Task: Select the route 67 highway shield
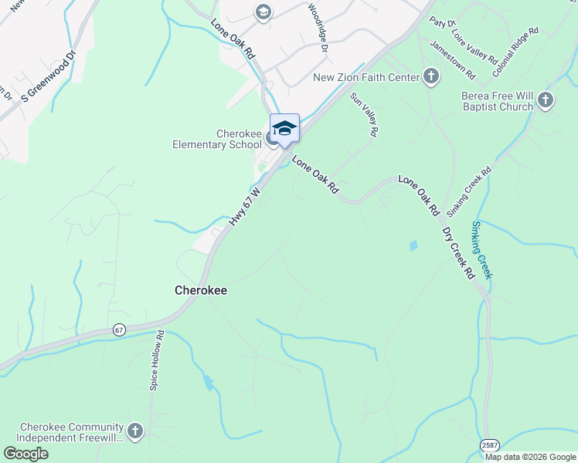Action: (x=118, y=330)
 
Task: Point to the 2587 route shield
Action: (x=488, y=446)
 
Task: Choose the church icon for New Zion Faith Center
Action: (x=431, y=76)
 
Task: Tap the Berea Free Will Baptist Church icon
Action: (x=546, y=100)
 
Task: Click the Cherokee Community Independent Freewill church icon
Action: (x=135, y=431)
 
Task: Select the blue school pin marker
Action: (x=284, y=128)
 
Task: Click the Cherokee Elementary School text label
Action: (x=216, y=139)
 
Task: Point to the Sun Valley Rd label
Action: (x=364, y=115)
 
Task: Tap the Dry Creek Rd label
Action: (x=458, y=253)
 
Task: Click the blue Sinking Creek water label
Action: (x=481, y=251)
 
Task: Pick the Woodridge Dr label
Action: (x=318, y=27)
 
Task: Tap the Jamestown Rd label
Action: (x=453, y=59)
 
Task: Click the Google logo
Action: (x=25, y=453)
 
